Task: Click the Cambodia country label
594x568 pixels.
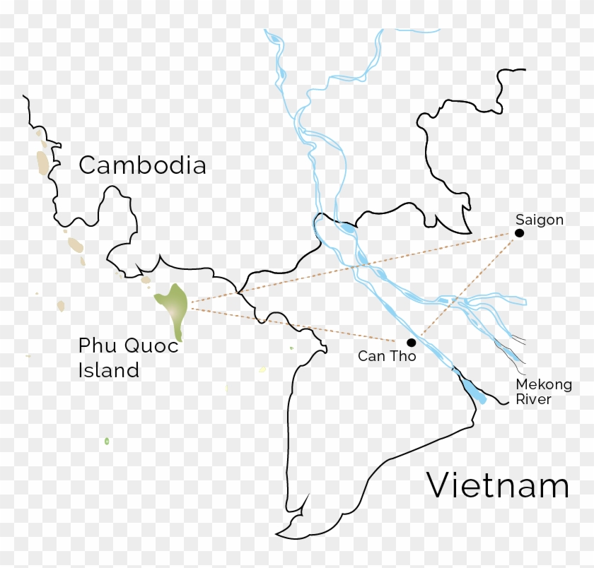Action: pos(142,165)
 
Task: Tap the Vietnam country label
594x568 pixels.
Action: pos(497,486)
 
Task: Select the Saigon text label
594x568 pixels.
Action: pos(540,220)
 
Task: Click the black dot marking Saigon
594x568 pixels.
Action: pos(519,233)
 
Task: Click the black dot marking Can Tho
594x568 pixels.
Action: pos(411,342)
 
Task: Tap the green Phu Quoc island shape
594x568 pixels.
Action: pos(173,305)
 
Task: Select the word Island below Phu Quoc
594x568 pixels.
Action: pos(108,369)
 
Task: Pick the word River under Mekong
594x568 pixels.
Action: pos(533,399)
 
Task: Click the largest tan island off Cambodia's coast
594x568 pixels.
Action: pos(44,161)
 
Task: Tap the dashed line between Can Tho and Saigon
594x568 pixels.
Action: pos(467,286)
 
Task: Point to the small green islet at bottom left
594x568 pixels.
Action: pos(107,441)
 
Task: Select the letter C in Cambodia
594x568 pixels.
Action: pos(87,165)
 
